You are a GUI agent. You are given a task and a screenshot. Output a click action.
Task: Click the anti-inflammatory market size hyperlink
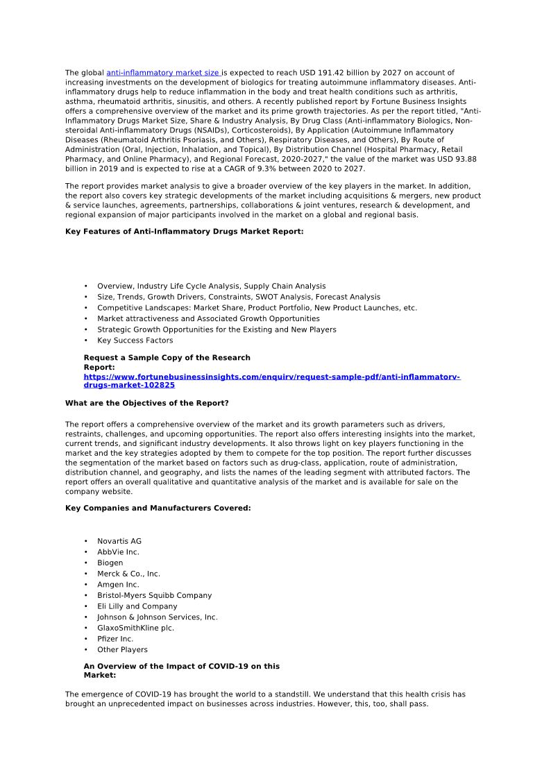coord(164,73)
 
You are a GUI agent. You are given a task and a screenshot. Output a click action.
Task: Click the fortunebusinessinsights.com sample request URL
coord(271,381)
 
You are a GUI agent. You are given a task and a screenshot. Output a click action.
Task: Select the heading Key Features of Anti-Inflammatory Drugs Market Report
coord(184,232)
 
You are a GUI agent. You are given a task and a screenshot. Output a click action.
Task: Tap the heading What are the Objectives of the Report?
coord(146,403)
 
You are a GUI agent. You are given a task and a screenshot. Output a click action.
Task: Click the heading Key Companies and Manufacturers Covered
coord(158,508)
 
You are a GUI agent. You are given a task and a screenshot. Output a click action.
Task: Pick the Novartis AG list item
coord(119,541)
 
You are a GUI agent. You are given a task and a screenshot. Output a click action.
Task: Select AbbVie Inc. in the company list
coord(118,552)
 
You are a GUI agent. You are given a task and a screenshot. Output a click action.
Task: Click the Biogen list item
coord(110,563)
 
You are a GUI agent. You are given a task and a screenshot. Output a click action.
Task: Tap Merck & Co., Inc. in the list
coord(128,574)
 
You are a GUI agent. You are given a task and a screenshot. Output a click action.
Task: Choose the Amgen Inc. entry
coord(118,585)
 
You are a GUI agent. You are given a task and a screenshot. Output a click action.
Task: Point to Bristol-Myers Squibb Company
coord(154,595)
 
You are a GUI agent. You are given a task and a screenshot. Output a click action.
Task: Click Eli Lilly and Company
coord(137,606)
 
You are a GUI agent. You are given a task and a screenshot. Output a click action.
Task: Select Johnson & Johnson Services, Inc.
coord(157,617)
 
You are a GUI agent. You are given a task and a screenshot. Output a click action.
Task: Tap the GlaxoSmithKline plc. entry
coord(135,628)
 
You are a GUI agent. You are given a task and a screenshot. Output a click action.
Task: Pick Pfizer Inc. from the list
coord(115,639)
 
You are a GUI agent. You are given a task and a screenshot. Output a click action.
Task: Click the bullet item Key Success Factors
coord(135,341)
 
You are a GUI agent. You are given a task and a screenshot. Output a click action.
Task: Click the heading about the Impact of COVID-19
coord(181,670)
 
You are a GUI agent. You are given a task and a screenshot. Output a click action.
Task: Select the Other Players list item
coord(122,650)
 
